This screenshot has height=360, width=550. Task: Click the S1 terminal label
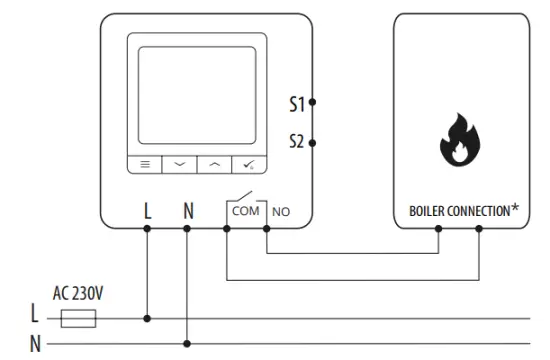(x=296, y=102)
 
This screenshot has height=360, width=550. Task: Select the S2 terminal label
(x=296, y=142)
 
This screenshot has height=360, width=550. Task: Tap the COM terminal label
(x=243, y=211)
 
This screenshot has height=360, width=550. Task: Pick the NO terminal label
(x=281, y=212)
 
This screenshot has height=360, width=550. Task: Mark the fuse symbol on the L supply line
(x=79, y=319)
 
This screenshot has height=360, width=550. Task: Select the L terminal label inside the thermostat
(x=148, y=211)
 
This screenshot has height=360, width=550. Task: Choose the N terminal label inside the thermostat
(x=188, y=211)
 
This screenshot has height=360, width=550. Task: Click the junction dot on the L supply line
(x=148, y=319)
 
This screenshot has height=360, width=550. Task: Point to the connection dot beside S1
(x=313, y=102)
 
